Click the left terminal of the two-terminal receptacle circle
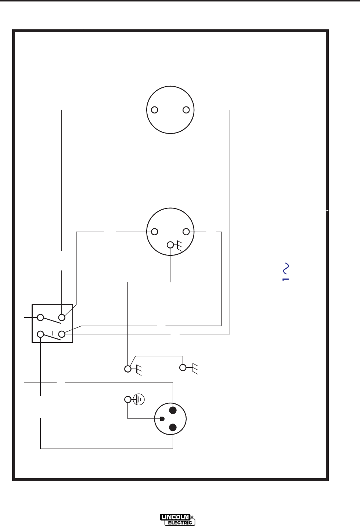pos(155,110)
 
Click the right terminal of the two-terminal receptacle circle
pos(186,110)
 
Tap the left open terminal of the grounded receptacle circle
pos(155,232)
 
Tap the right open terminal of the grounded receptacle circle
pos(186,232)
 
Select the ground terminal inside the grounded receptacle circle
pos(170,244)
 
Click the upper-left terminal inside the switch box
pos(40,317)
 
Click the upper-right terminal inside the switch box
pos(62,317)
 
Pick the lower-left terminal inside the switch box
pos(40,334)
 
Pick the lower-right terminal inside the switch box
pos(62,334)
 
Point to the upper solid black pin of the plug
pos(173,410)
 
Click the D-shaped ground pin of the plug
pos(162,419)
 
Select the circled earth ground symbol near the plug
pos(139,399)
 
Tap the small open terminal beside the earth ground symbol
pos(127,399)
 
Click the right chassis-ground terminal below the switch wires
pos(183,367)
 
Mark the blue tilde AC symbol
pos(285,269)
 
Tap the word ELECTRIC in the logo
pos(180,523)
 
